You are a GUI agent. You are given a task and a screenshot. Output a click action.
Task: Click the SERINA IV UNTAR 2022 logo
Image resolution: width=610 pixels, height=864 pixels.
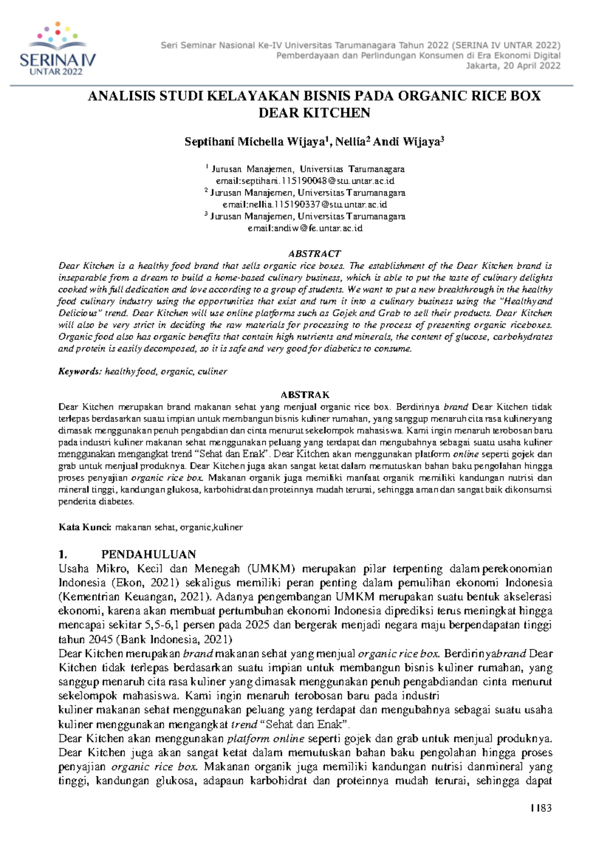point(57,50)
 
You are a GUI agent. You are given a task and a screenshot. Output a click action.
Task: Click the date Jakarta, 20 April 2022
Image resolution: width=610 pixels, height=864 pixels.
point(513,66)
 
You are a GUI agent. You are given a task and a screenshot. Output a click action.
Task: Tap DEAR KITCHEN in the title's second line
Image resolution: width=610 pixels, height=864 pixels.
point(314,113)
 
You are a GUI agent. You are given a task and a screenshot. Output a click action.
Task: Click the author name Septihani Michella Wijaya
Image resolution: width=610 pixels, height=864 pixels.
point(256,142)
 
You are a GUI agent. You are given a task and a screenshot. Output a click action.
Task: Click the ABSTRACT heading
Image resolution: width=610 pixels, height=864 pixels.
point(314,253)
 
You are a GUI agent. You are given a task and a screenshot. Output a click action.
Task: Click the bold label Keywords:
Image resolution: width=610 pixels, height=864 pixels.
point(80,372)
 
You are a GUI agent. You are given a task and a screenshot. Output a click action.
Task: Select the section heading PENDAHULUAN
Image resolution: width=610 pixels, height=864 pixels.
point(148,554)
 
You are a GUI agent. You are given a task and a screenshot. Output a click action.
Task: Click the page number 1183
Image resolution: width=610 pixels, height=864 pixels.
point(541,808)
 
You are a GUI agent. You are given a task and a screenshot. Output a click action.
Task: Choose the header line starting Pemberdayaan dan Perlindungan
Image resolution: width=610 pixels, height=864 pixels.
point(418,55)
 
